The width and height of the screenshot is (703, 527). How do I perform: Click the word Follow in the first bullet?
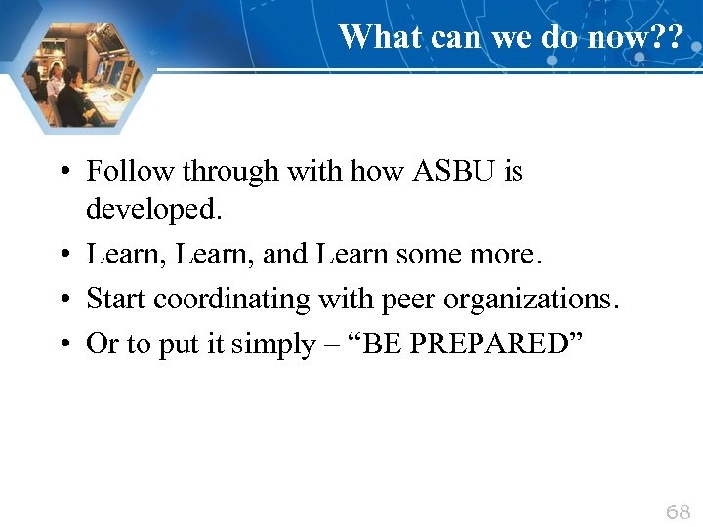[119, 172]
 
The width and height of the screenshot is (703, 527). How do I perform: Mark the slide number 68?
[678, 511]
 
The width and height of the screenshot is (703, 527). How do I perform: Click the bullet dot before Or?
[62, 345]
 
